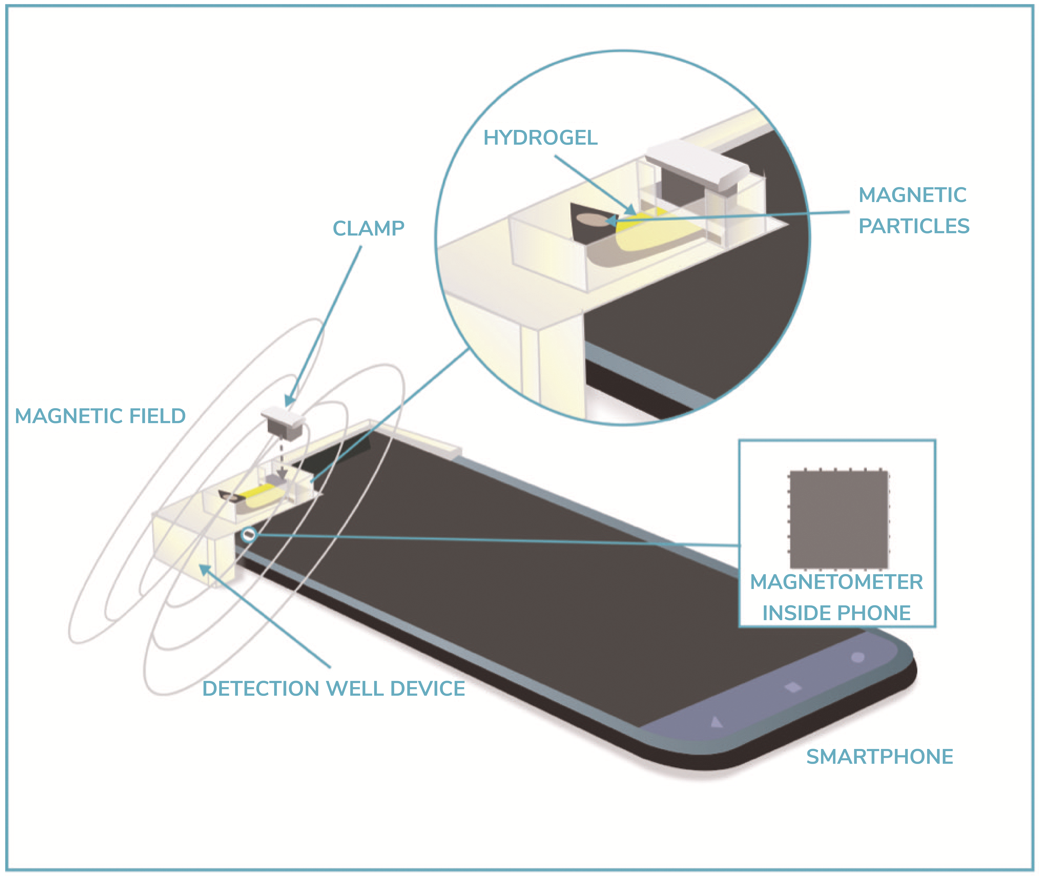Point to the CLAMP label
click(368, 228)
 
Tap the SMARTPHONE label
click(880, 756)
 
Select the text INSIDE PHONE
click(837, 613)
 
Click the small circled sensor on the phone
click(249, 535)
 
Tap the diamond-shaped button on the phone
click(793, 687)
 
